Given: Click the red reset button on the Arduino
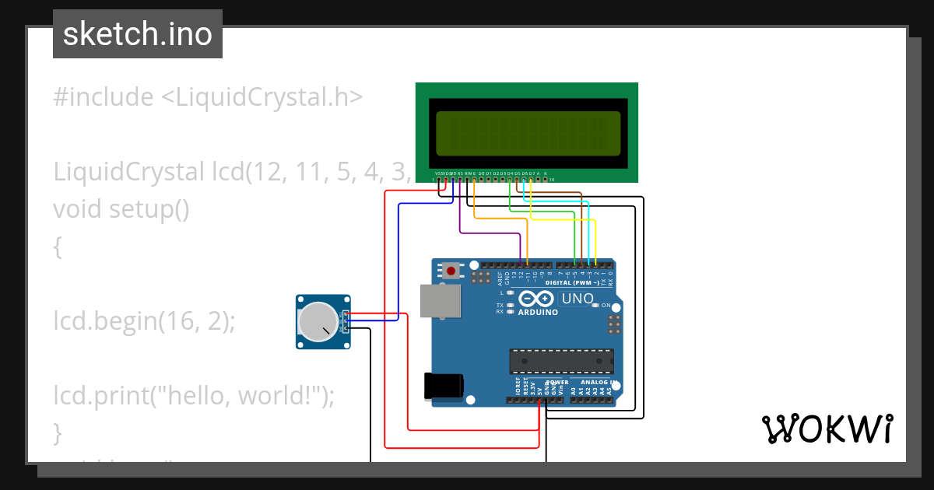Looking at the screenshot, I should (451, 271).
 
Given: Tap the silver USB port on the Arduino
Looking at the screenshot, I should (440, 301).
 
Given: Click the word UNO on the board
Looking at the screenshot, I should (578, 298).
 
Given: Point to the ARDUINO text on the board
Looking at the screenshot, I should (538, 313).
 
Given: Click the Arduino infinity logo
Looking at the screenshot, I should (536, 298).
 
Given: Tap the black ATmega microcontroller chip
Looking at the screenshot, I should (561, 362).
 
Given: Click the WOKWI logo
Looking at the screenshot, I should (827, 429).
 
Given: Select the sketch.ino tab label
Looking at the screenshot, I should (138, 34).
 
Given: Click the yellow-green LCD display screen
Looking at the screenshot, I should (528, 131).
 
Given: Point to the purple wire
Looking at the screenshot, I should (461, 218).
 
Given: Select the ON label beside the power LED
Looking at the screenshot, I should (606, 306).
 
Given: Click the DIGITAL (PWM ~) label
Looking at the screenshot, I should (571, 283).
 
